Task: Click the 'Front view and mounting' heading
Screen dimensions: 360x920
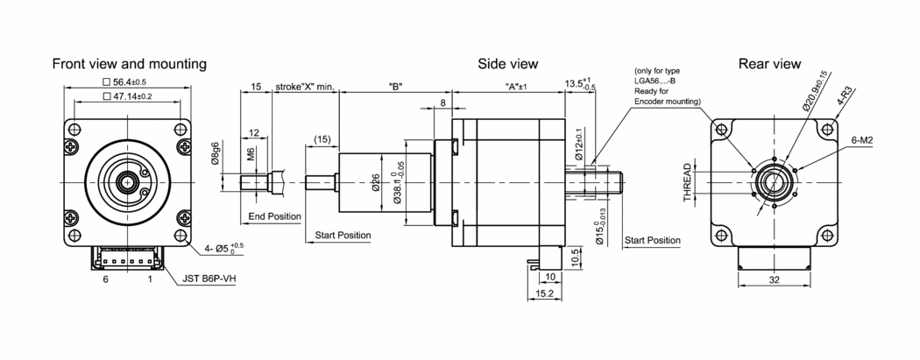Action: [129, 64]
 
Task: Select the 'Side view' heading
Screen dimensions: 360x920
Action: [507, 64]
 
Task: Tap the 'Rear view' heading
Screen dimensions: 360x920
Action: [769, 64]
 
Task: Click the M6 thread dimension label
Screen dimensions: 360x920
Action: [251, 157]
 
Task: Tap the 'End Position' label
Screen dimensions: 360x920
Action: [274, 216]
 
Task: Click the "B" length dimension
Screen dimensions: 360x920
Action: [394, 88]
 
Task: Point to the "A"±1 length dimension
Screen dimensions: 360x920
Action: [521, 88]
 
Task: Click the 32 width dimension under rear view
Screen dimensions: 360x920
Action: [774, 282]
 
